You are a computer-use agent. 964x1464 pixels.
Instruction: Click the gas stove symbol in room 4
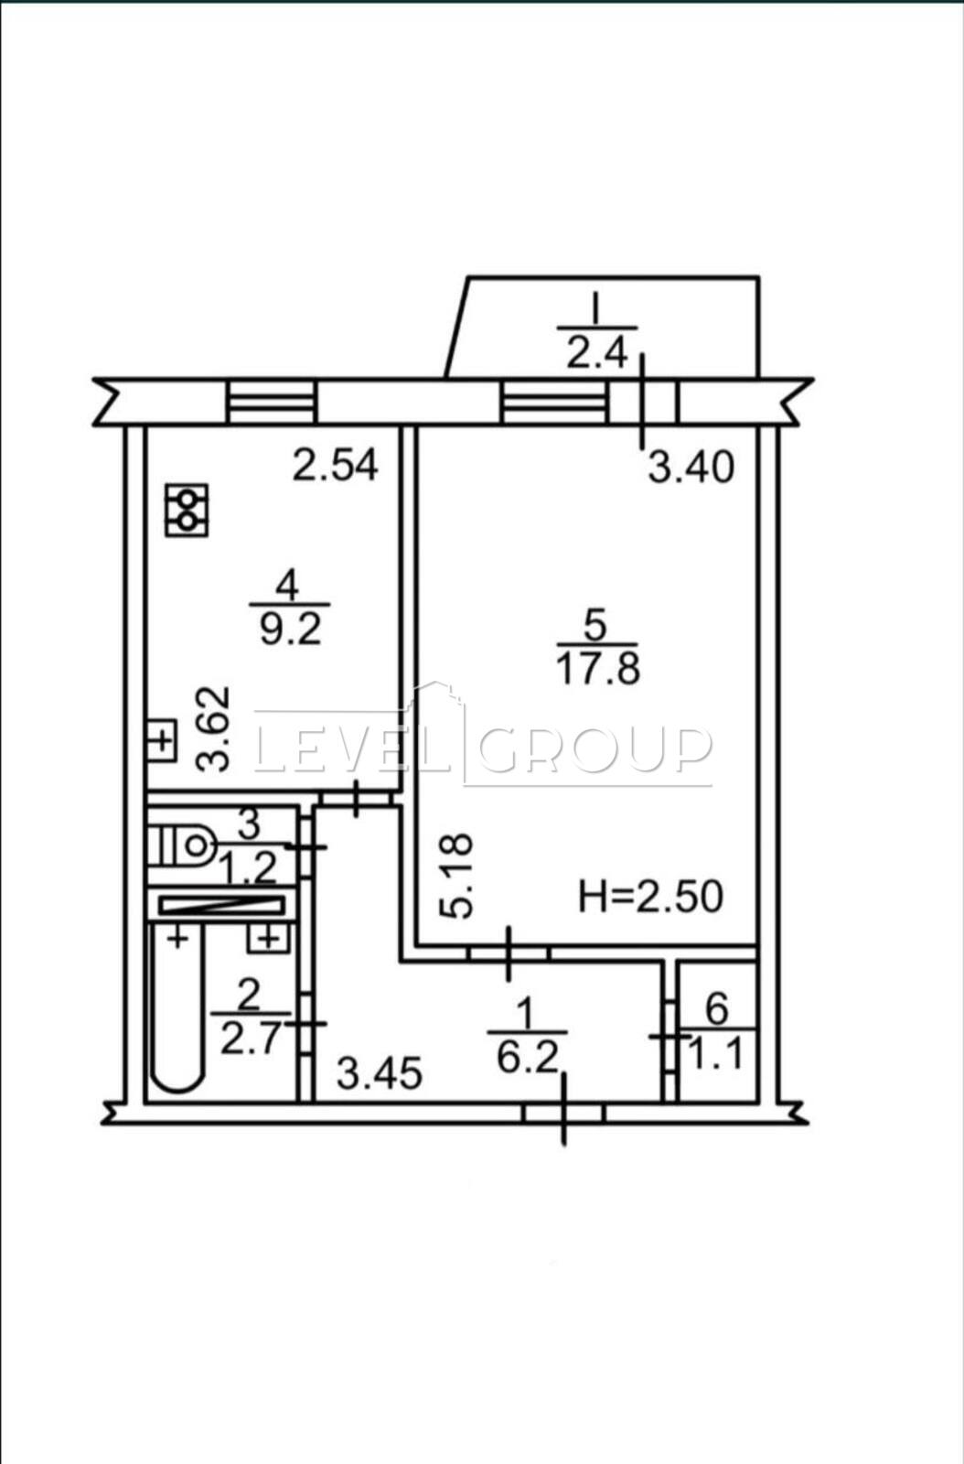(187, 511)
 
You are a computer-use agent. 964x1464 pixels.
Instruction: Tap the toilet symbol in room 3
(182, 846)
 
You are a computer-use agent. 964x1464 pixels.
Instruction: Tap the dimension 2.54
(335, 466)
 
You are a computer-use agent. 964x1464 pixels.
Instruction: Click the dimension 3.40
(691, 468)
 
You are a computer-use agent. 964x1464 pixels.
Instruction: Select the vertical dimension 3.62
(214, 729)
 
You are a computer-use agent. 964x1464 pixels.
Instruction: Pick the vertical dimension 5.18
(455, 877)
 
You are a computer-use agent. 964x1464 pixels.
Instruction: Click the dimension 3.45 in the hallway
(380, 1074)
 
